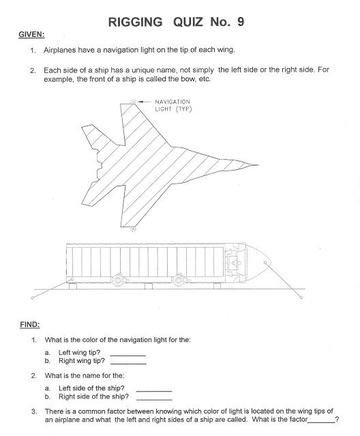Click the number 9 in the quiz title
pos(241,22)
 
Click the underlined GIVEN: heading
pos(31,35)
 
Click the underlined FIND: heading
pos(30,325)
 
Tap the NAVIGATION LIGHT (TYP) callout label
pos(173,105)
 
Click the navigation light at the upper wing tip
pos(133,102)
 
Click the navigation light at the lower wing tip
pos(134,229)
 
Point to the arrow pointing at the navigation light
pos(145,102)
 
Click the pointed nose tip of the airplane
pos(258,165)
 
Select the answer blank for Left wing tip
pos(128,355)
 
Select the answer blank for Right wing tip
pos(128,364)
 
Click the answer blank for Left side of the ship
pos(154,392)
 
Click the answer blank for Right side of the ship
pos(155,400)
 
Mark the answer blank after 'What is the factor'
pos(321,422)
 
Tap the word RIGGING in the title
pos(135,22)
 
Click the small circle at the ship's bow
pos(265,263)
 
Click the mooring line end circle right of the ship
pos(301,297)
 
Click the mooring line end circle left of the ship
pos(33,297)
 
